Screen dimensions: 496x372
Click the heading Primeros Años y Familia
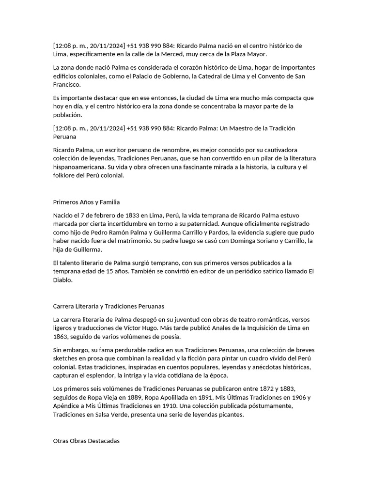coord(86,202)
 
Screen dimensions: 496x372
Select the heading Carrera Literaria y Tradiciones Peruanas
coord(108,306)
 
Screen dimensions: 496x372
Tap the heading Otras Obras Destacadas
coord(86,441)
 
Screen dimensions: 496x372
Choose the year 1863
coord(62,337)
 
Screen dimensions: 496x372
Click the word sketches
coord(66,358)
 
